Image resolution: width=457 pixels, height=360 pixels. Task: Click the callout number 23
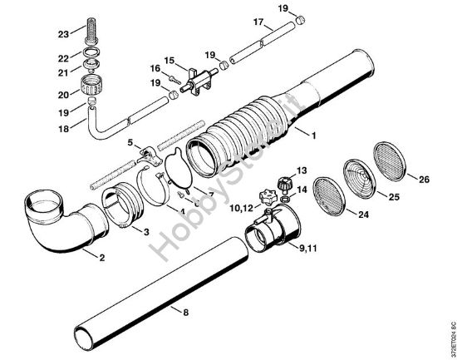[x=63, y=34]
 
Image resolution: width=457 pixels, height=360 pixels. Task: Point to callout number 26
[x=424, y=179]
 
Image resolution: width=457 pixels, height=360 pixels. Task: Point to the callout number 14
[x=302, y=190]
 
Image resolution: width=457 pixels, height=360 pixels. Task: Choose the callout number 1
[x=312, y=133]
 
